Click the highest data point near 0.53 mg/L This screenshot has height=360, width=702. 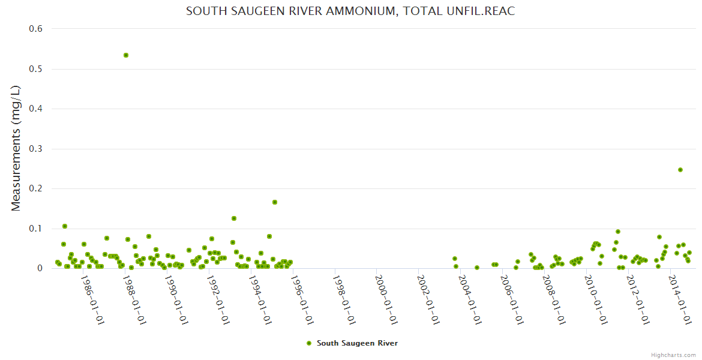pos(126,55)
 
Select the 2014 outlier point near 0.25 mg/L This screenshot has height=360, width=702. pos(680,170)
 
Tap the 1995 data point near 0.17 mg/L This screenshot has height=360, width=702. pos(275,202)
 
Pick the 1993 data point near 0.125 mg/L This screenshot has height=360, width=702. pos(234,218)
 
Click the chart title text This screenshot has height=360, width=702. pos(350,11)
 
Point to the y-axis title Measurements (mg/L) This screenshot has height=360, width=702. pos(16,148)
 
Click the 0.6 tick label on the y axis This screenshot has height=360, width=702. pos(36,29)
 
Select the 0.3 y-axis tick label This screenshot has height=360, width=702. pos(36,149)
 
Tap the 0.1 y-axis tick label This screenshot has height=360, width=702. pos(36,229)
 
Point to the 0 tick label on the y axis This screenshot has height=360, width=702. pos(40,268)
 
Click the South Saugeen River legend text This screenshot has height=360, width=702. pos(357,343)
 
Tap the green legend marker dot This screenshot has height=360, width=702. pos(309,343)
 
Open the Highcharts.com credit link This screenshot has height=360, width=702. pos(673,355)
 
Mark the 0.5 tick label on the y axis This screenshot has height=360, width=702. pos(36,69)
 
